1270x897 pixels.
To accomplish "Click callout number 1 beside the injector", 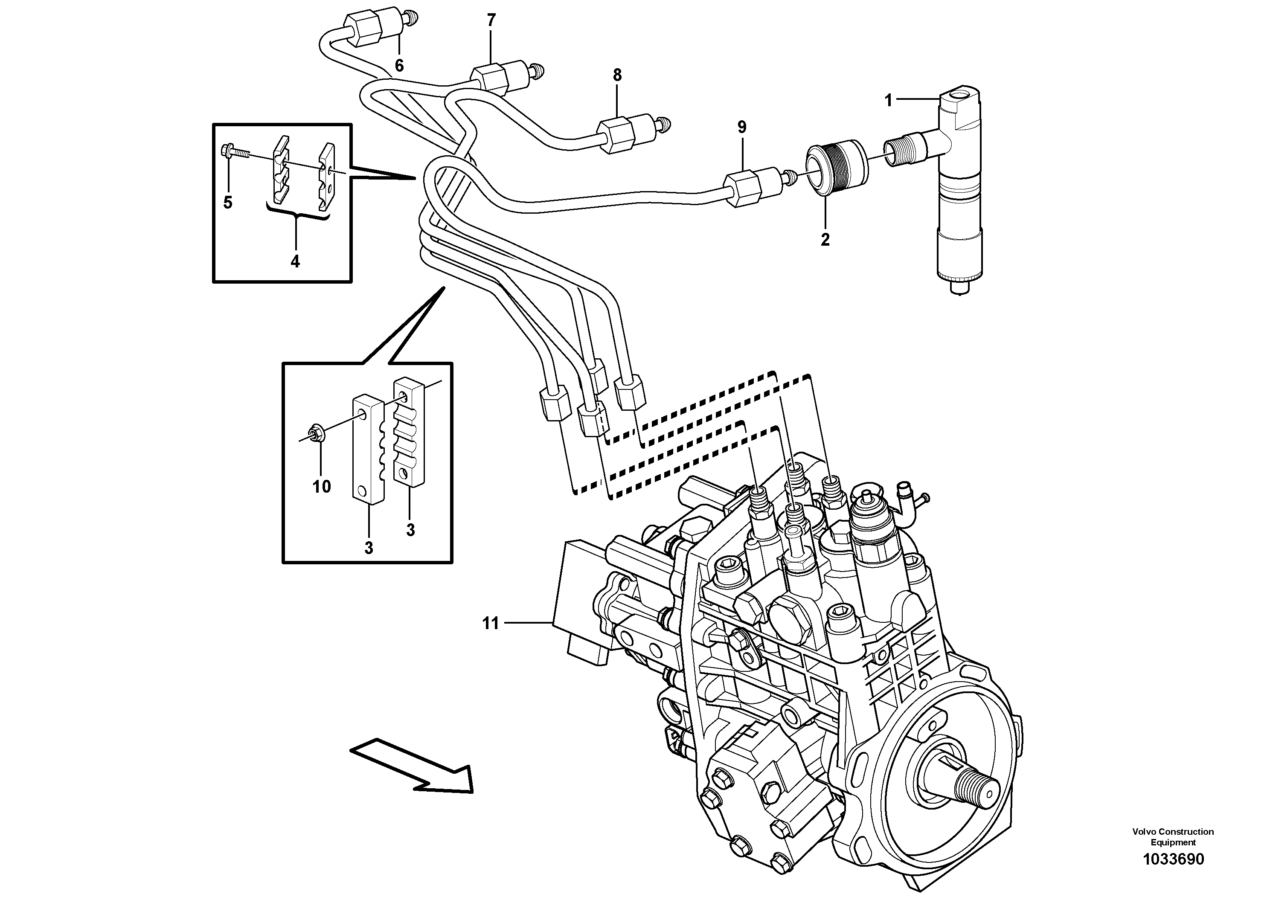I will (888, 101).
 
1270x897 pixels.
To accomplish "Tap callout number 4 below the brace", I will (295, 261).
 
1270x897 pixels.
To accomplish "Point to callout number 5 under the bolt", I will (228, 203).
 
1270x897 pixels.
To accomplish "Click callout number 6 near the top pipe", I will (399, 66).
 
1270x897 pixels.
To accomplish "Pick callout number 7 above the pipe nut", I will (491, 21).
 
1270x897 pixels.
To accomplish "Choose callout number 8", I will (617, 75).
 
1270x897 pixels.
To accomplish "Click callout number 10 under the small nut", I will (321, 487).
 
